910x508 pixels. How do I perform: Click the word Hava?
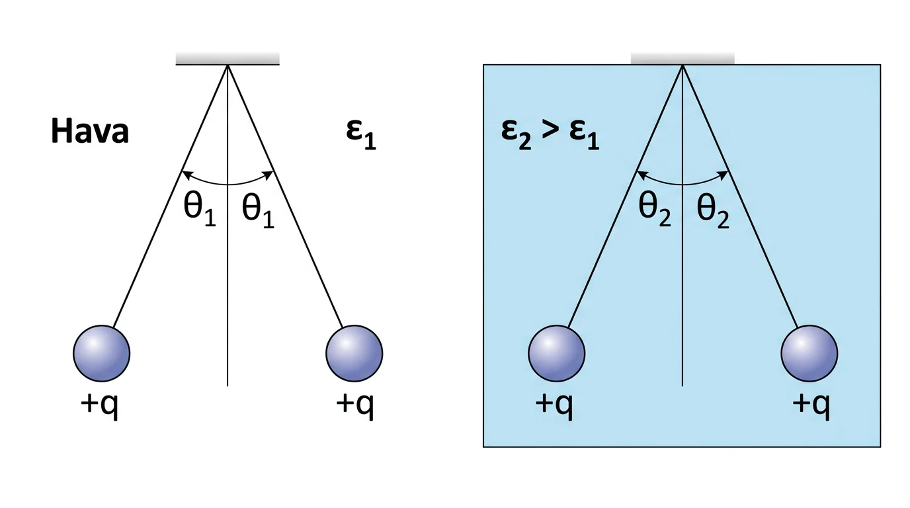pos(90,131)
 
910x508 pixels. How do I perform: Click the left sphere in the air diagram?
pos(102,353)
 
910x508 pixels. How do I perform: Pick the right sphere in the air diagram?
pos(354,353)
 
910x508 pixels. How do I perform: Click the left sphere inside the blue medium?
pos(557,353)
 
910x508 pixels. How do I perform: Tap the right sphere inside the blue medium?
pos(809,353)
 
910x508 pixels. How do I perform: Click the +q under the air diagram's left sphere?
pos(99,406)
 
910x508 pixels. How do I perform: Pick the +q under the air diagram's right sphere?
pos(354,406)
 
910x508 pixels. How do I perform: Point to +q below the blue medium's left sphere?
pos(554,406)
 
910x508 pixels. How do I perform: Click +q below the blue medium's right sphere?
pos(811,406)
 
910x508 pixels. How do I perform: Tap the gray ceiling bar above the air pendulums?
pos(227,58)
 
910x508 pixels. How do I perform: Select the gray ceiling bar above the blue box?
pos(682,58)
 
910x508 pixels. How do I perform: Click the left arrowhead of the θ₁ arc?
pos(186,175)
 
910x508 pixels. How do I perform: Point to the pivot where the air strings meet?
pos(227,65)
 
